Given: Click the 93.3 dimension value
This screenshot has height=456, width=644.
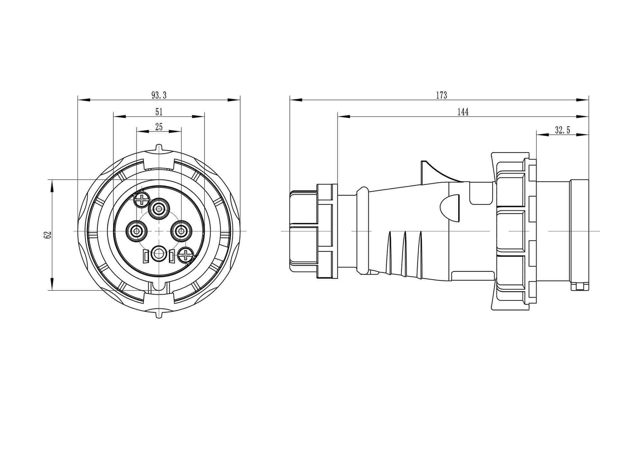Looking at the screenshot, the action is tap(159, 95).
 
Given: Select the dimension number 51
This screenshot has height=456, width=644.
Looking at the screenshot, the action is tap(159, 112).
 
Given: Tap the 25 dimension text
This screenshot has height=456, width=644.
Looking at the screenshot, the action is tap(159, 127).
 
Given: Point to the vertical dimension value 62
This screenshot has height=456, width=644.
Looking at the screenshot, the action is tap(47, 235).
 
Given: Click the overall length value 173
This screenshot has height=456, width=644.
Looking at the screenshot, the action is tap(441, 95).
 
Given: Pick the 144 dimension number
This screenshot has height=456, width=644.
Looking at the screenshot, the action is tap(463, 112).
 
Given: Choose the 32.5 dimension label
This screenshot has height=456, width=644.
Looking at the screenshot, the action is tap(563, 130).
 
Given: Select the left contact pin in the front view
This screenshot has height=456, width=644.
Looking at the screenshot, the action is tap(137, 231).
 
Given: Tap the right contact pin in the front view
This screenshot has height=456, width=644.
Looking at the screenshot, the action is tap(182, 231).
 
